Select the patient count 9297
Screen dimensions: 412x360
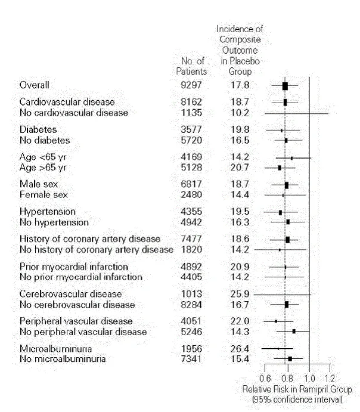pyautogui.click(x=191, y=85)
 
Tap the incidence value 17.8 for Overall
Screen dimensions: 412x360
pyautogui.click(x=240, y=85)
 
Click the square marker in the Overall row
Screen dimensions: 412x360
pyautogui.click(x=285, y=86)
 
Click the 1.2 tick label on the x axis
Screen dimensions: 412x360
pyautogui.click(x=328, y=379)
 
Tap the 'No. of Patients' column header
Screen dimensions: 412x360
pyautogui.click(x=191, y=66)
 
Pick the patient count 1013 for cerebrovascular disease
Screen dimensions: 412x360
pyautogui.click(x=191, y=294)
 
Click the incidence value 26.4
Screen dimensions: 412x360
pyautogui.click(x=240, y=348)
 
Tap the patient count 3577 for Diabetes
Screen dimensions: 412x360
pyautogui.click(x=191, y=129)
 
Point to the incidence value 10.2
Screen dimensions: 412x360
pyautogui.click(x=240, y=113)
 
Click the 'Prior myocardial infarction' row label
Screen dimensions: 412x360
pyautogui.click(x=74, y=267)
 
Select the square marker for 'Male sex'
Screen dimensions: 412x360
pyautogui.click(x=286, y=185)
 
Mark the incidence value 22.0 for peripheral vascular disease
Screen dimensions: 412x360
pyautogui.click(x=240, y=321)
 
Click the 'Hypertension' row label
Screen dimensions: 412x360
pyautogui.click(x=47, y=212)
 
